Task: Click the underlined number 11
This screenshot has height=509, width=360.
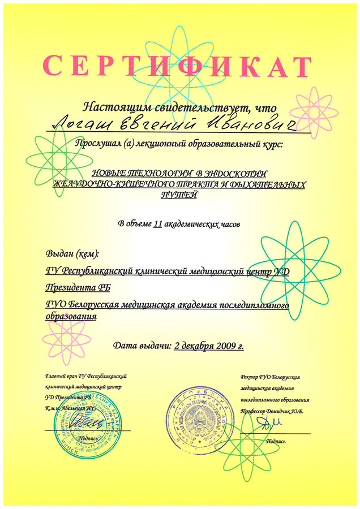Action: (158, 223)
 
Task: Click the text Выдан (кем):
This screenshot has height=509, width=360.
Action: (72, 253)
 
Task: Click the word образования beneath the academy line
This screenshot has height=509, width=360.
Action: (71, 317)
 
